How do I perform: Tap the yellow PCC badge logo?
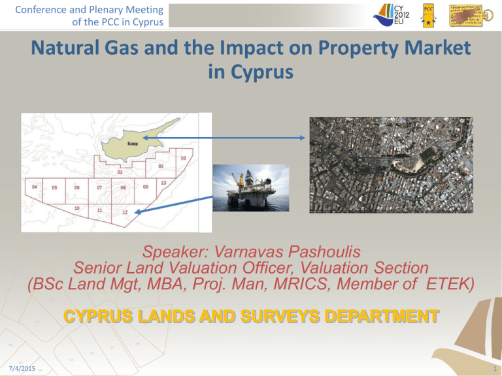pos(429,16)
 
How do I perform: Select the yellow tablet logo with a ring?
pos(472,16)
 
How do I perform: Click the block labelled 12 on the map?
pos(125,213)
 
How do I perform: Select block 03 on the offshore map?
pos(184,158)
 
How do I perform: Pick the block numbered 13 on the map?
pos(162,183)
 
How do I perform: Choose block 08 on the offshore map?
pos(123,188)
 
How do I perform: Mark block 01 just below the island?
pos(120,173)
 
